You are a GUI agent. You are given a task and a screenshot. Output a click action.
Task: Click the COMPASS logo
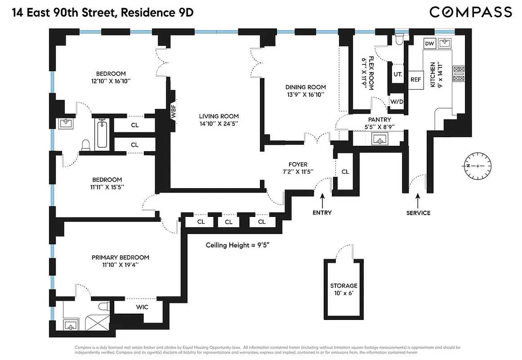coord(471,12)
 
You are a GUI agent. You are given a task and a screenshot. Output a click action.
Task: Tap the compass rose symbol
coord(477,166)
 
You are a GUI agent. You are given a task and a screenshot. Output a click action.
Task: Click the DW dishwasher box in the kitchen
coord(429,43)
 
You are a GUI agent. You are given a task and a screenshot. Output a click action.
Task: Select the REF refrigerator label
coord(416,79)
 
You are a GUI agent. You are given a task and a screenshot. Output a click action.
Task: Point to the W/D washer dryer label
coord(397,102)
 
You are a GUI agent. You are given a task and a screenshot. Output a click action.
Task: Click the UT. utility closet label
coord(398,74)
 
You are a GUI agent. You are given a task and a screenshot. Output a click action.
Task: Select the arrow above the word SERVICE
coord(418,198)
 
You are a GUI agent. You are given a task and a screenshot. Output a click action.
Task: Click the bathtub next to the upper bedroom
coord(102,134)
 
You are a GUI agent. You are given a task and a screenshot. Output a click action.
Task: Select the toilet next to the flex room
coord(399,40)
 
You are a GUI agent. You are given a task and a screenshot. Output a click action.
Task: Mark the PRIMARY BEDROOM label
coord(120,257)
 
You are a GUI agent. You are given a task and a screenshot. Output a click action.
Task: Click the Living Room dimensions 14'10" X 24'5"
coord(219,124)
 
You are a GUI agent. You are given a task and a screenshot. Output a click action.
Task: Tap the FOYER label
coord(298,164)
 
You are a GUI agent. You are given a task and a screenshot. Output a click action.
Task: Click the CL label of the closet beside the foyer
coord(345,171)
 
